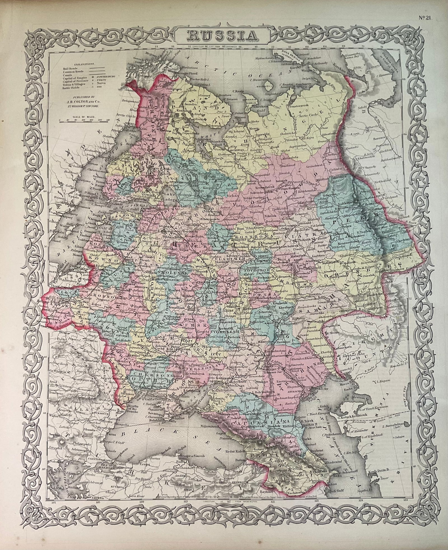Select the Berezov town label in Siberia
pyautogui.click(x=381, y=139)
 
